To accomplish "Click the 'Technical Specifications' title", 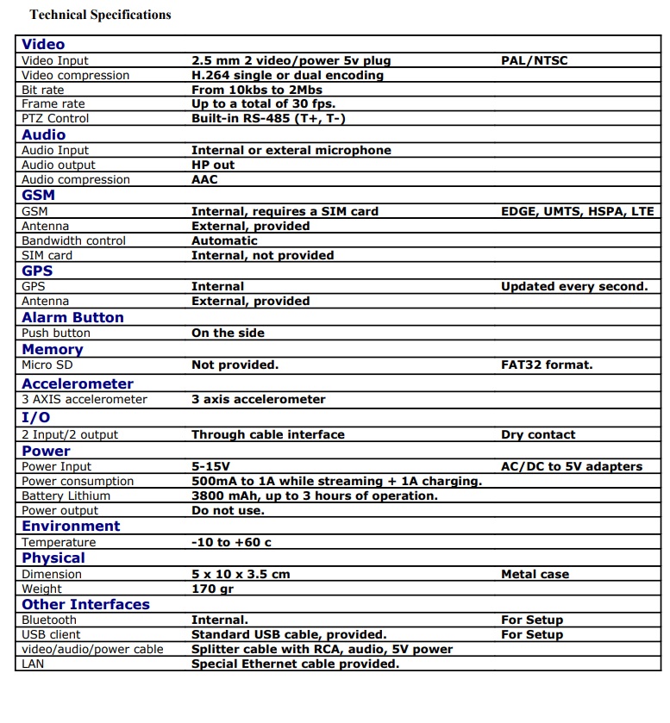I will coord(100,15).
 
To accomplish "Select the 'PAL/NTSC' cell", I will coord(534,61).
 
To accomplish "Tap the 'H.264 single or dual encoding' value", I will coord(287,76).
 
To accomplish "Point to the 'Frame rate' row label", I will coord(53,104).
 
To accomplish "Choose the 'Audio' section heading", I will coord(44,134).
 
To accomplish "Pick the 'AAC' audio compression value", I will coord(204,180).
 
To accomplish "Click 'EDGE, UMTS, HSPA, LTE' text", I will coord(577,211).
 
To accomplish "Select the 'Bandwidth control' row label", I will coord(73,241).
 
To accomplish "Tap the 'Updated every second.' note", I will coord(573,287).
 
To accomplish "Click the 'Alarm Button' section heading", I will coord(72,317).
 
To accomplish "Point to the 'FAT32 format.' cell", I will coord(547,365).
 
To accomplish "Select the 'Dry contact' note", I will coord(538,435).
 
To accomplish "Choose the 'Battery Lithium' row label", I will coord(66,496).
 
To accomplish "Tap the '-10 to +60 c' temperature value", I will coord(231,543).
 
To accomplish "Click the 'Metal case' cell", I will coord(535,575).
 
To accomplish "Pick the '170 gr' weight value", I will coord(211,589).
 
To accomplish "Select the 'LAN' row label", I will coord(34,664).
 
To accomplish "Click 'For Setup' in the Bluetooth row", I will coord(531,620).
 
